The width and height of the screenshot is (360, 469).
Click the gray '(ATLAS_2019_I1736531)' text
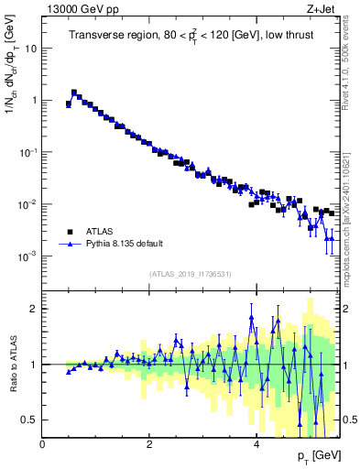(191, 274)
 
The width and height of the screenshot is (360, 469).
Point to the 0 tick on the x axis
(43, 443)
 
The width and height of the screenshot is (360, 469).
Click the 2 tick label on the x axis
(149, 443)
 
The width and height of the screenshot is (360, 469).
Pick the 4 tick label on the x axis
(256, 443)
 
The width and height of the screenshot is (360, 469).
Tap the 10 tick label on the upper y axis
(30, 49)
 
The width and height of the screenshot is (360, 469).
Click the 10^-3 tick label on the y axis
(27, 256)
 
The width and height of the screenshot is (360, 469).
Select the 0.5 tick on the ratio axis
(29, 420)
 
